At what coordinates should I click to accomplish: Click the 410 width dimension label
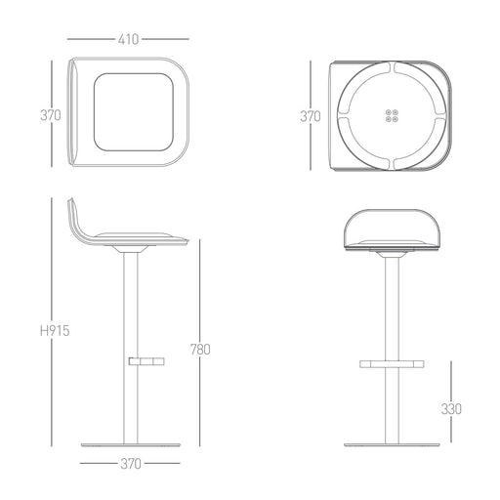point(128,39)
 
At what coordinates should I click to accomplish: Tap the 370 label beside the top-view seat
point(51,115)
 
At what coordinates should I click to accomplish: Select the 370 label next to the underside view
point(311,116)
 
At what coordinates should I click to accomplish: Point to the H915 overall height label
point(55,331)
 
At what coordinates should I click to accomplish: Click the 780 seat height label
point(200,350)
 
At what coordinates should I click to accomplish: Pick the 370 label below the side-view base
point(131,464)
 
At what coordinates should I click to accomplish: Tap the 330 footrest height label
point(451,409)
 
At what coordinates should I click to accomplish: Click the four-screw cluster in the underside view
point(392,116)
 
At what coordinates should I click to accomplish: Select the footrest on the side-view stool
point(146,361)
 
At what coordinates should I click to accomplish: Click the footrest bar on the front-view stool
point(392,364)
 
